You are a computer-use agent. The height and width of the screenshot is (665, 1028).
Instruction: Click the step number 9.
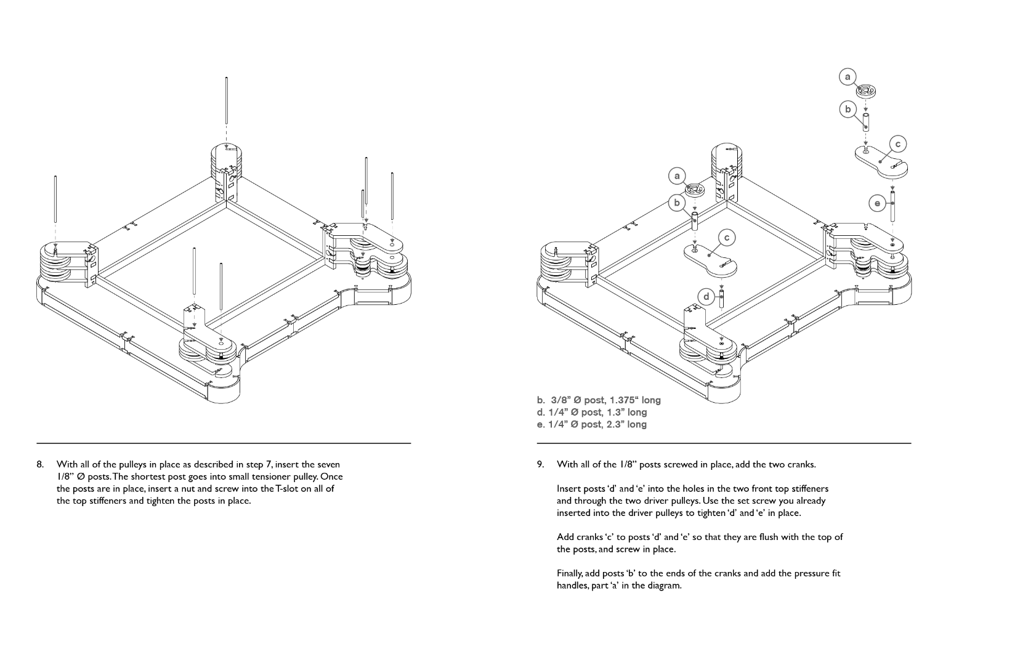pyautogui.click(x=540, y=464)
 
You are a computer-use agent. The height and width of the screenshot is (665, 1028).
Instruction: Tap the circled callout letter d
pyautogui.click(x=706, y=297)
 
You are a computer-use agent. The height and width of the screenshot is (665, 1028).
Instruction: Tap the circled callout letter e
pyautogui.click(x=877, y=203)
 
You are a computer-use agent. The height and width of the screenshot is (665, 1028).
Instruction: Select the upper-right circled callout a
pyautogui.click(x=848, y=77)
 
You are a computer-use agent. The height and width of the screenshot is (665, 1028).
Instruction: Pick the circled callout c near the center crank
pyautogui.click(x=727, y=238)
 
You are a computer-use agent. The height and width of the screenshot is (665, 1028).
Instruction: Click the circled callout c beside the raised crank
pyautogui.click(x=897, y=144)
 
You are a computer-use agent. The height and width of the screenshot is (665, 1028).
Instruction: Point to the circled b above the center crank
pyautogui.click(x=677, y=203)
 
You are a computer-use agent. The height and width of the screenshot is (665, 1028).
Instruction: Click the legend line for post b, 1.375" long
pyautogui.click(x=599, y=400)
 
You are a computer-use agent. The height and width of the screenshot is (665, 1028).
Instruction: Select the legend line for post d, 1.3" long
pyautogui.click(x=591, y=412)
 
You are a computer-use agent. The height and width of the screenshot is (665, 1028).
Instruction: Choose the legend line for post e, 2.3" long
pyautogui.click(x=591, y=424)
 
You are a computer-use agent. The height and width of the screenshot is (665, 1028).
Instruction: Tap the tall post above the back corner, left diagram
pyautogui.click(x=227, y=102)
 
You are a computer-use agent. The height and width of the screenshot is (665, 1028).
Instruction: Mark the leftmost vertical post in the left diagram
pyautogui.click(x=55, y=200)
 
